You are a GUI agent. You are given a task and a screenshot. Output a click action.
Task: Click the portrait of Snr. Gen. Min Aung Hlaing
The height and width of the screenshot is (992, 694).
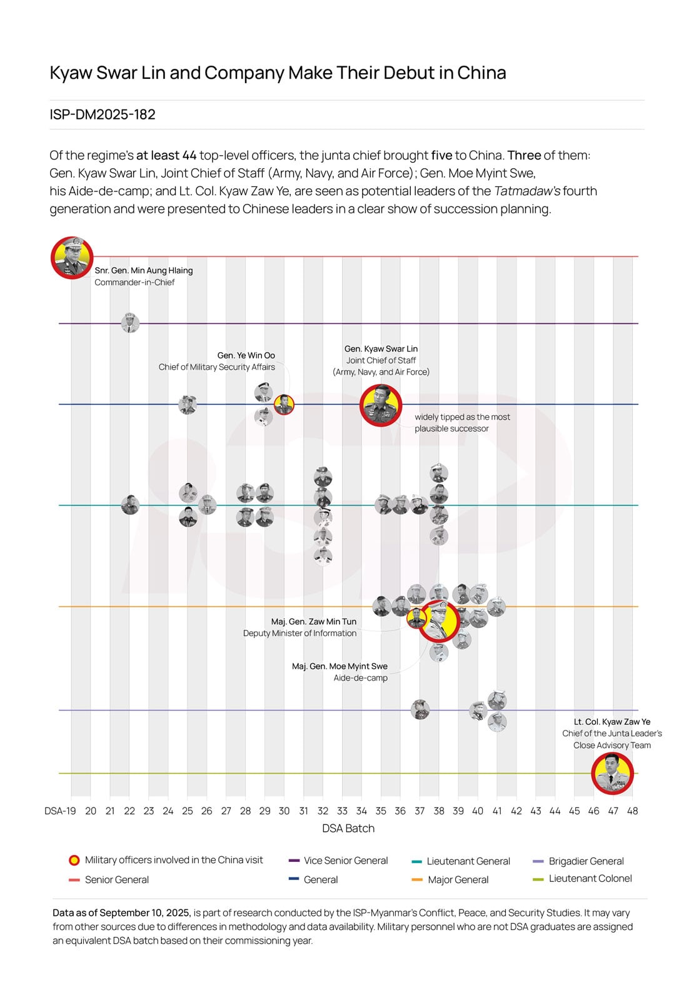[72, 257]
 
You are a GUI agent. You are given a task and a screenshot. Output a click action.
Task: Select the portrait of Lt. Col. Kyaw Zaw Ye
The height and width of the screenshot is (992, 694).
[612, 774]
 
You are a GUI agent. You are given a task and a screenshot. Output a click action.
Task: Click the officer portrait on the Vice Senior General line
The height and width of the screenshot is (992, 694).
[130, 323]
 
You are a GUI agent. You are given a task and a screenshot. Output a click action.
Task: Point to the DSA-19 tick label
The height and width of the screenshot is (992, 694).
[60, 811]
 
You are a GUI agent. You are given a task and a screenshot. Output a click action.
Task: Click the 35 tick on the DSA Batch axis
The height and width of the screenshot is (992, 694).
[381, 811]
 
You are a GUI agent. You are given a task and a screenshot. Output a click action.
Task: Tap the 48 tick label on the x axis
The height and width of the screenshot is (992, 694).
[632, 811]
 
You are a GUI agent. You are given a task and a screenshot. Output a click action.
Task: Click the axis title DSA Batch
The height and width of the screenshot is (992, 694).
[348, 828]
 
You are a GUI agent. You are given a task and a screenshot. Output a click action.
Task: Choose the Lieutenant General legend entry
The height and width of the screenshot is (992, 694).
[468, 861]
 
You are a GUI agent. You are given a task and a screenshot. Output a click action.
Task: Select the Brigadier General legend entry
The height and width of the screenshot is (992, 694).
[586, 861]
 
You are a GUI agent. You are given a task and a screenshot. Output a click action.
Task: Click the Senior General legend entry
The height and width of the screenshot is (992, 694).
[116, 879]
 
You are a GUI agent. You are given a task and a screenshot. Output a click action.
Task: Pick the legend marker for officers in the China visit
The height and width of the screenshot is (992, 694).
[74, 860]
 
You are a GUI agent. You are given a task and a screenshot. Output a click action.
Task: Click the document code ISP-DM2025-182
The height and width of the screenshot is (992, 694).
[103, 114]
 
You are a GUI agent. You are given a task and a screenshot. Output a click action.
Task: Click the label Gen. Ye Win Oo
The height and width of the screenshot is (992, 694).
[246, 355]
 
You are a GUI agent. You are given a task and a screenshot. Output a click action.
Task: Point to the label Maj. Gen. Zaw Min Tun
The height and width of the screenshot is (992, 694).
[313, 622]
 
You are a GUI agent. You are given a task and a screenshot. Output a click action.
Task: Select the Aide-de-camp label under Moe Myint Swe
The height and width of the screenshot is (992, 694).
[360, 678]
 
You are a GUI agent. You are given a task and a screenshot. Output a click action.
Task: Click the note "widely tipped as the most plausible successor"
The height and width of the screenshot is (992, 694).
[462, 423]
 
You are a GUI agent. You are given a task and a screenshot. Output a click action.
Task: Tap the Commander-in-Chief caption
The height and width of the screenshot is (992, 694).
[134, 282]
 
